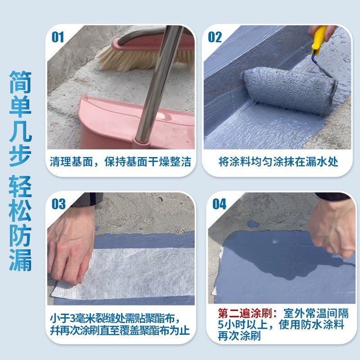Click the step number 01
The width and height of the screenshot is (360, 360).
58,37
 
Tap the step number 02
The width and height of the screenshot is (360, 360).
215,37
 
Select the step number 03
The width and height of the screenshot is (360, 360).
58,204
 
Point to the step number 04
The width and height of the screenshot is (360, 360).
219,204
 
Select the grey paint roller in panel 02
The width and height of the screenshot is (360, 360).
288,90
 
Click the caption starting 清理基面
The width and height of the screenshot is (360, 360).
121,162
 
